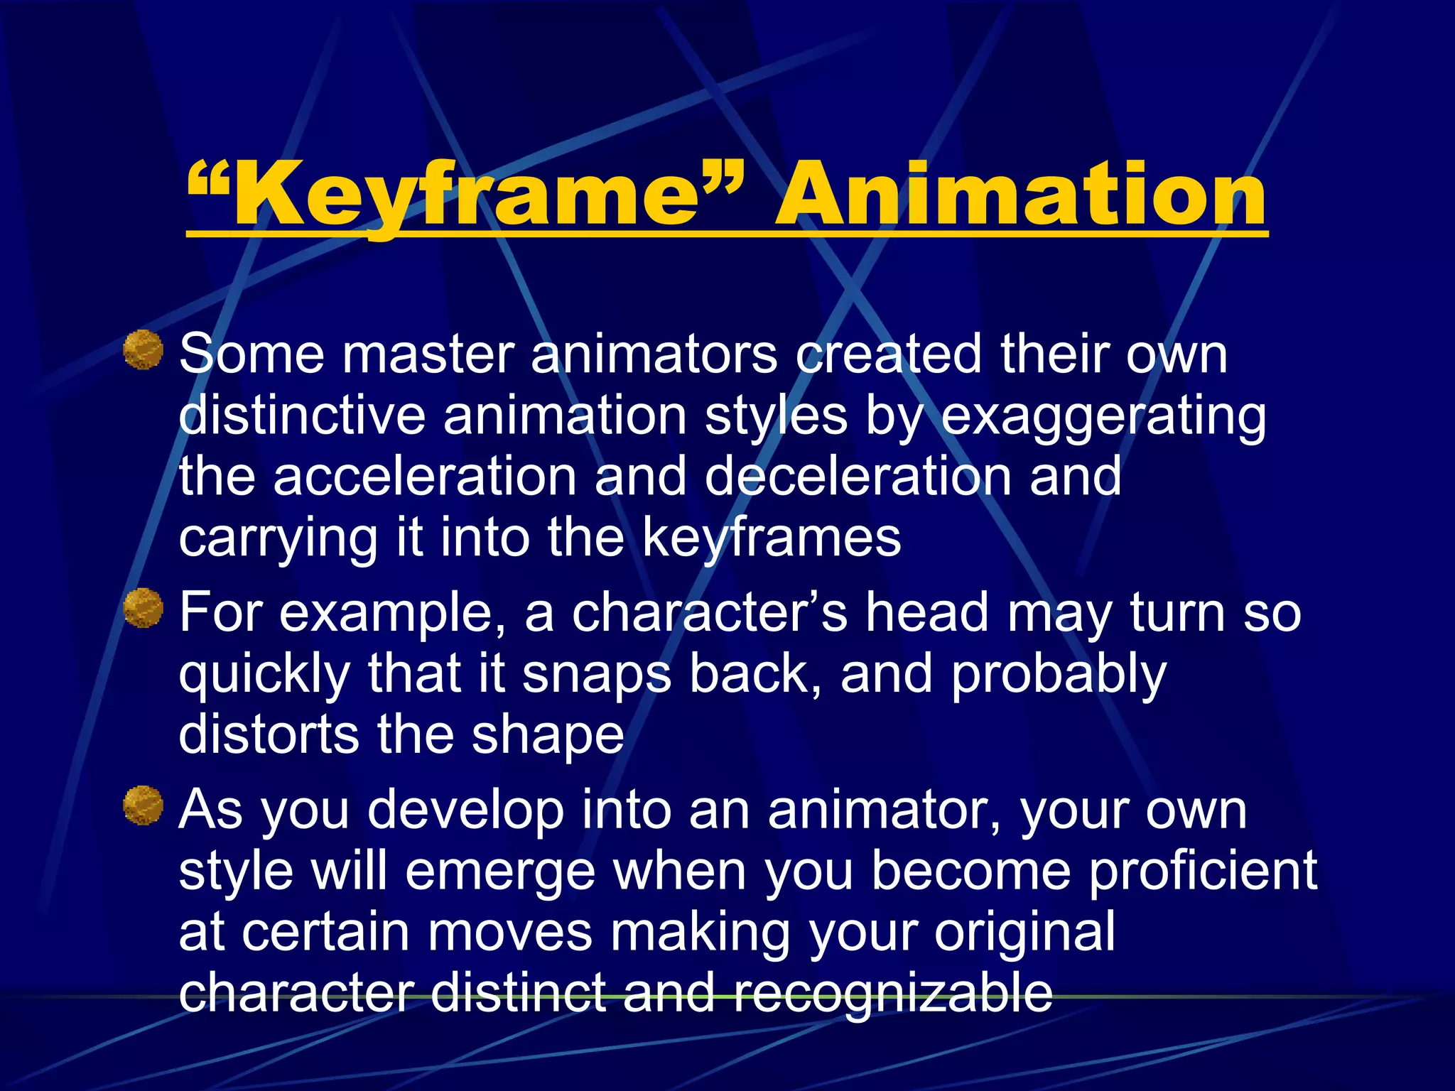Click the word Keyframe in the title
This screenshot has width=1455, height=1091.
465,193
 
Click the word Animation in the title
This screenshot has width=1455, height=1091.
1020,193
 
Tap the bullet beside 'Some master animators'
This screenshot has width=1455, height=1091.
144,349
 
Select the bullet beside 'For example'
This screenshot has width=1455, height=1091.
144,608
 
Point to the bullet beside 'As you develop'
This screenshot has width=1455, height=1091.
144,805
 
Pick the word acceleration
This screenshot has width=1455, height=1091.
425,476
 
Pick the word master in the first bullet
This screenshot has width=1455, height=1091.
428,354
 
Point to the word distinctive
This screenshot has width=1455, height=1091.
302,415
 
